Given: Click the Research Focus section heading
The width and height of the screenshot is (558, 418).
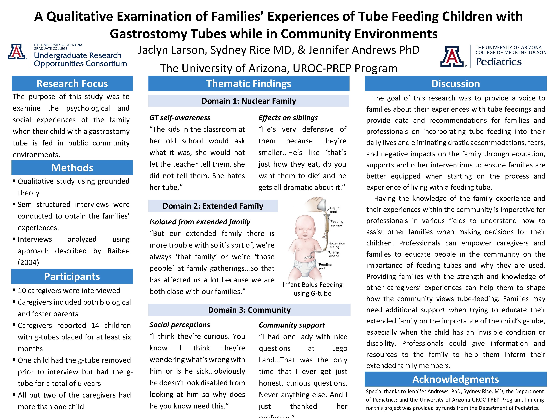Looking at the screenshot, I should (x=72, y=84).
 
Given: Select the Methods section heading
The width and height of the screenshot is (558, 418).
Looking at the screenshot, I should (x=72, y=168).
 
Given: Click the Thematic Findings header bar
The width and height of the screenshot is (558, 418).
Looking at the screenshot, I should (x=249, y=84).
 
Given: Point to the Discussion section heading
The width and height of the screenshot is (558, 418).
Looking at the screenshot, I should (x=456, y=84).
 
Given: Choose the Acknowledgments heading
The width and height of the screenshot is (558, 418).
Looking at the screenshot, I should (x=456, y=379).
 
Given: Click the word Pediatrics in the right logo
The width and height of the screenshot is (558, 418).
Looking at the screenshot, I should (x=498, y=62).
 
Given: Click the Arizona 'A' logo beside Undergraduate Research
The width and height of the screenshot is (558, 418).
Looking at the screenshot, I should (x=17, y=52).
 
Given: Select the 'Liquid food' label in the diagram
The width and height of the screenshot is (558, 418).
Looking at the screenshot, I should (x=335, y=210).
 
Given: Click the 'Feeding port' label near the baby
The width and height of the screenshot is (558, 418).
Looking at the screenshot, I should (x=325, y=266).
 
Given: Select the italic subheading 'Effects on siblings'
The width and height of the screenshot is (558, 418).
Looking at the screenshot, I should (x=288, y=118).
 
